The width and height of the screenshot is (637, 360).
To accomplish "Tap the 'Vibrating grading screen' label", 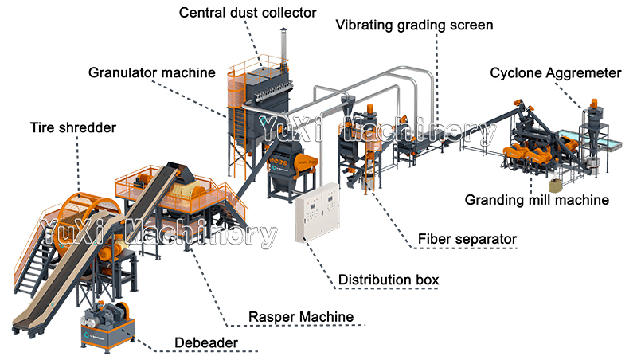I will point(413,25).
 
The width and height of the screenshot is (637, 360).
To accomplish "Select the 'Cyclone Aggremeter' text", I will point(555,72).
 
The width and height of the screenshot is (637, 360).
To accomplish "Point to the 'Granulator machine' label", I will point(151,72).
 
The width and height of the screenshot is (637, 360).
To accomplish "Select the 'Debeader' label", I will point(207,344).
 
